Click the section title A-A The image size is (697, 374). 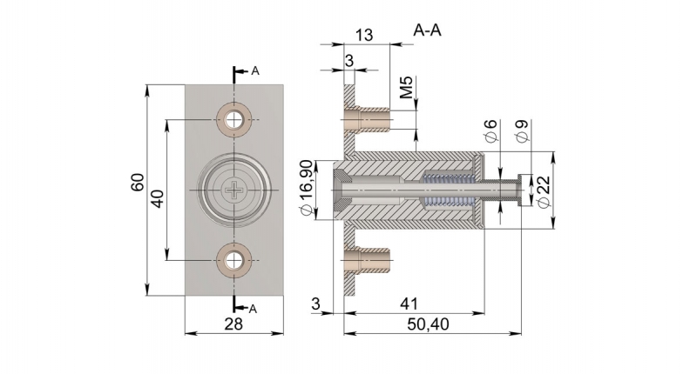pyautogui.click(x=427, y=30)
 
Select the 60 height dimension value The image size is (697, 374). pyautogui.click(x=137, y=185)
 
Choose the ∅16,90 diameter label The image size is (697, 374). pyautogui.click(x=307, y=189)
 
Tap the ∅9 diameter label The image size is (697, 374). pyautogui.click(x=522, y=132)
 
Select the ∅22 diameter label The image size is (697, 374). pyautogui.click(x=545, y=193)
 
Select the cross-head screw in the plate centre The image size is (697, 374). pyautogui.click(x=235, y=190)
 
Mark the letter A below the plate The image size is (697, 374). pyautogui.click(x=253, y=309)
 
